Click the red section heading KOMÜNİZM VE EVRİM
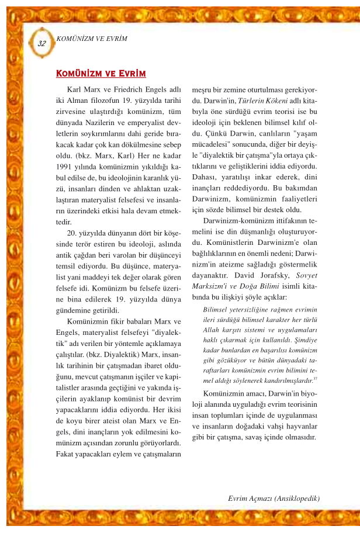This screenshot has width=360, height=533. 100,74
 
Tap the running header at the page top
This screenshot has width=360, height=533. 91,39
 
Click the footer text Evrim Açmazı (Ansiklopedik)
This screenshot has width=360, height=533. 274,498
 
